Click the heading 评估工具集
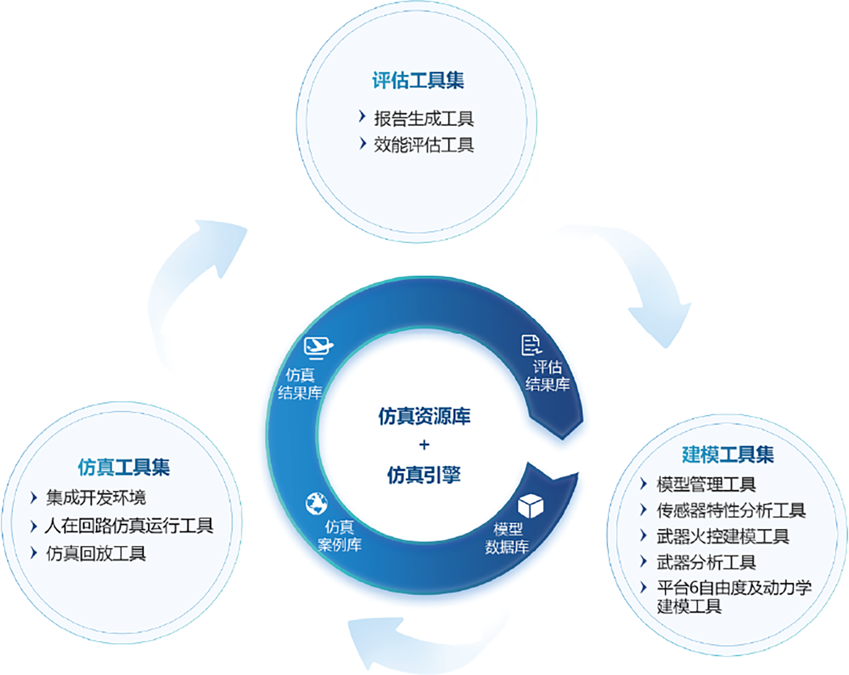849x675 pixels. click(418, 81)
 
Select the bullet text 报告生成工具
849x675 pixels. click(423, 119)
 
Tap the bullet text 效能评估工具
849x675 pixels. click(423, 145)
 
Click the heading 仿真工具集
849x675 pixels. click(124, 467)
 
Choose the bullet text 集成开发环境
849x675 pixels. click(96, 498)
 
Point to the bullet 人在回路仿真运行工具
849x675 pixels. click(129, 526)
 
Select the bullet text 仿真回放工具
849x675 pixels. click(96, 554)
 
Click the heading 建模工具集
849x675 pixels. click(727, 455)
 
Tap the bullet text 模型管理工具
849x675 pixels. click(706, 484)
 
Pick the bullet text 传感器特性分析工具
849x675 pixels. click(731, 510)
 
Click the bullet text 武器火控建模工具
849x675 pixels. click(723, 537)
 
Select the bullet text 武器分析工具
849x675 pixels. click(706, 562)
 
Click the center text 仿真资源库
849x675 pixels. click(424, 417)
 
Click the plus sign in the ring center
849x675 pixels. click(424, 445)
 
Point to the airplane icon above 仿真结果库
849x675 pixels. click(318, 348)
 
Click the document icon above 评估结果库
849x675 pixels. click(531, 345)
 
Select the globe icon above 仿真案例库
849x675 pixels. click(317, 503)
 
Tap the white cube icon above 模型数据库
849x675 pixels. click(530, 505)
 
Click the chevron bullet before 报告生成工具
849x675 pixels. click(362, 117)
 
